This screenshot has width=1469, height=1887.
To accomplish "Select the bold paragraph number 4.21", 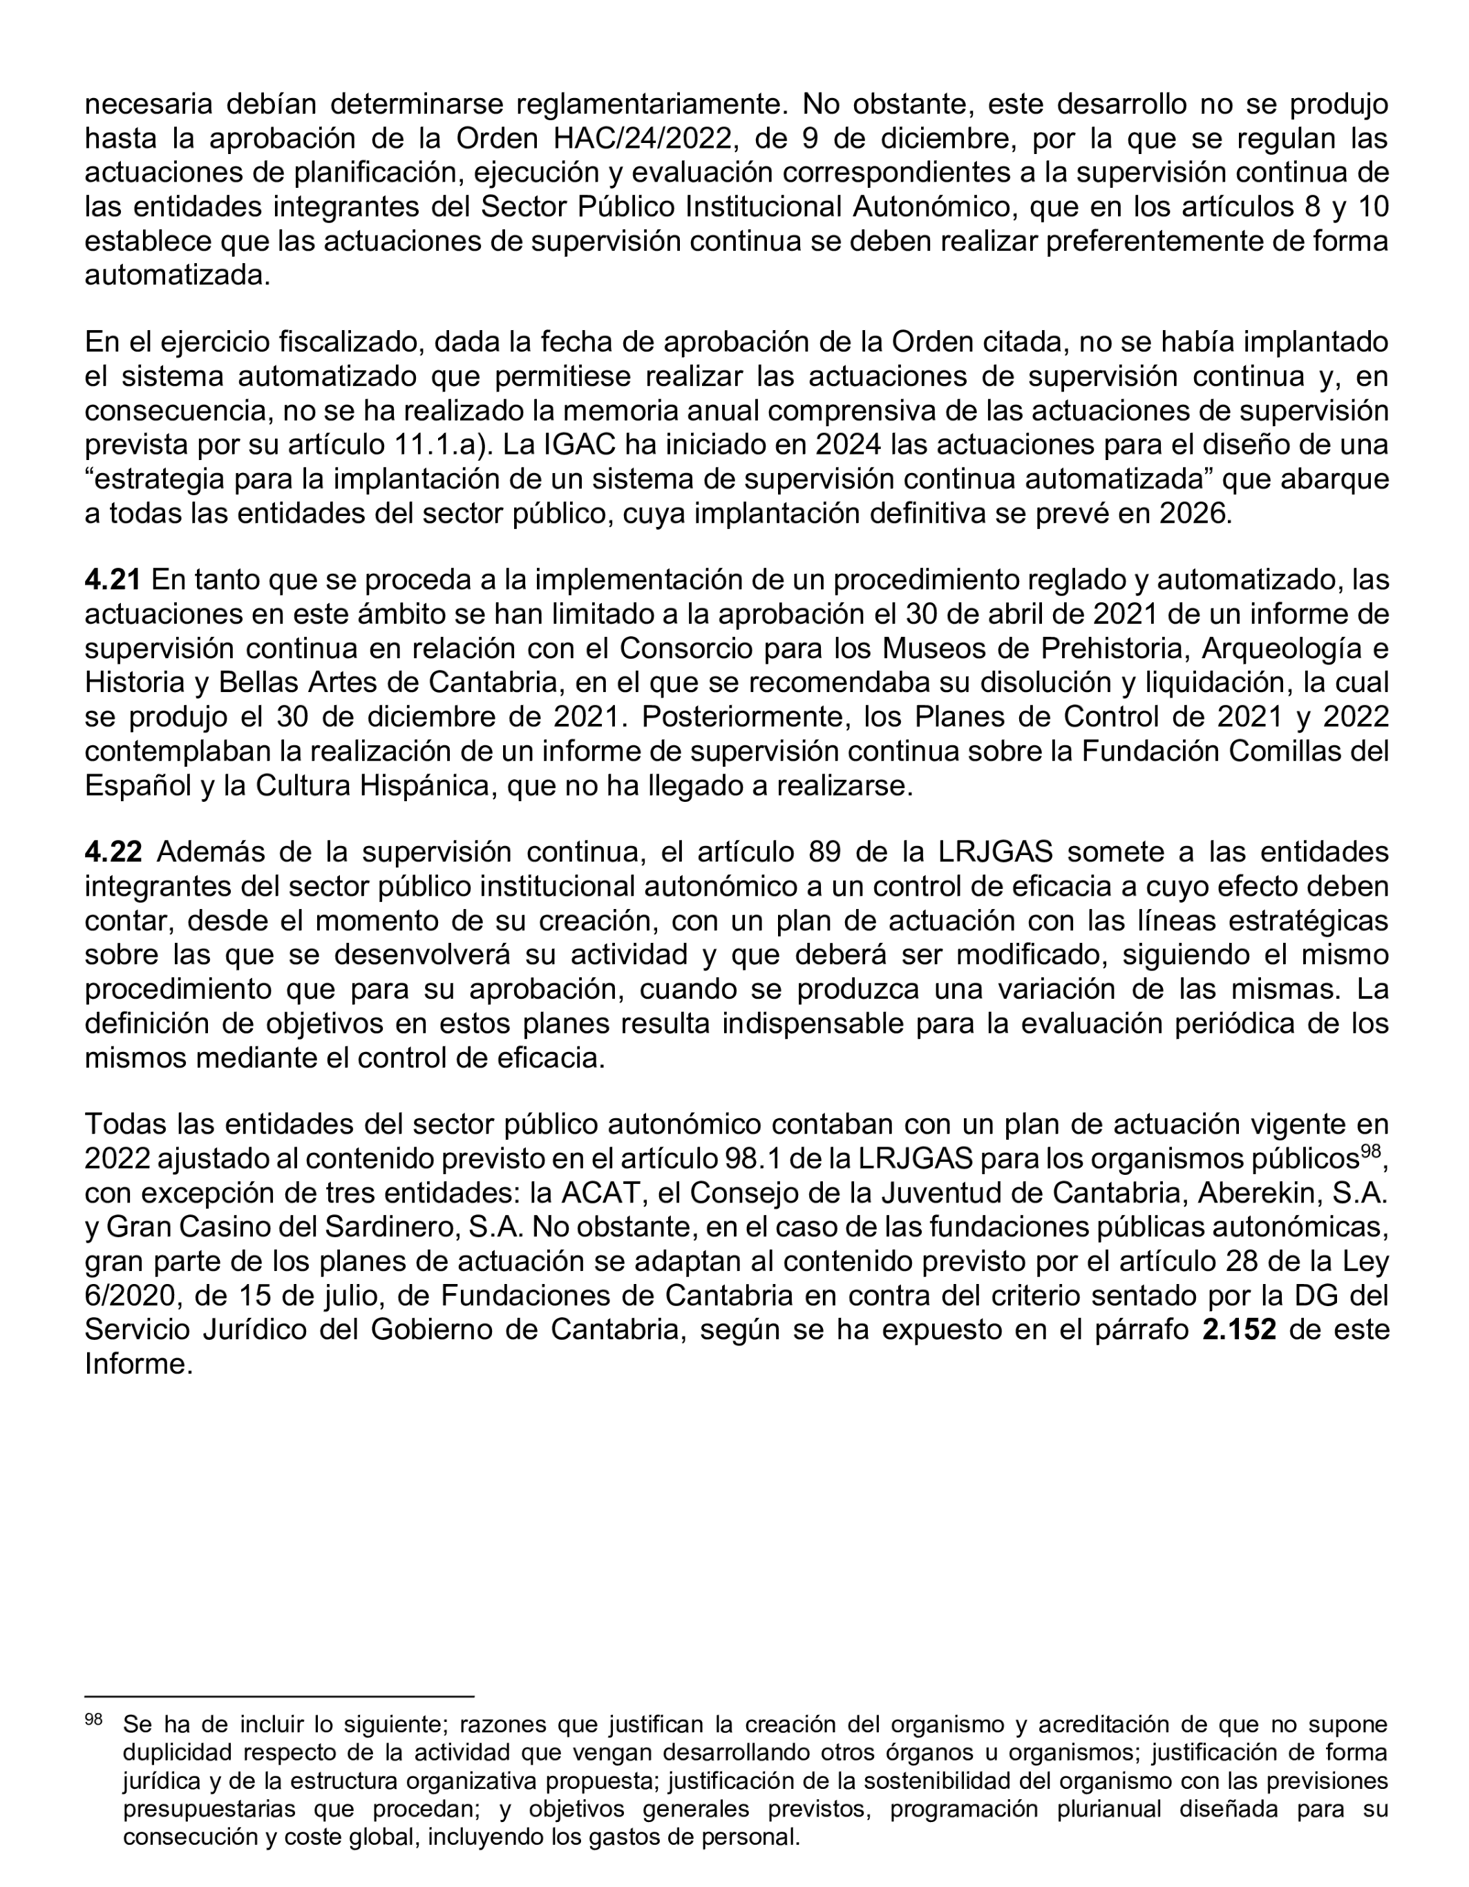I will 113,579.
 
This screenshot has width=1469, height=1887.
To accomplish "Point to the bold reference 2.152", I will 1238,1330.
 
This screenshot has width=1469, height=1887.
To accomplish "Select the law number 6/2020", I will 123,1296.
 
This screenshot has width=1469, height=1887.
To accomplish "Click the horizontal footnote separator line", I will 279,1696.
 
